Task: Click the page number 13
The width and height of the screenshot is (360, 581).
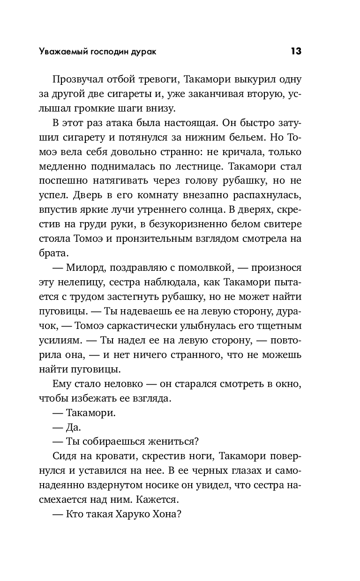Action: tap(296, 51)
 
